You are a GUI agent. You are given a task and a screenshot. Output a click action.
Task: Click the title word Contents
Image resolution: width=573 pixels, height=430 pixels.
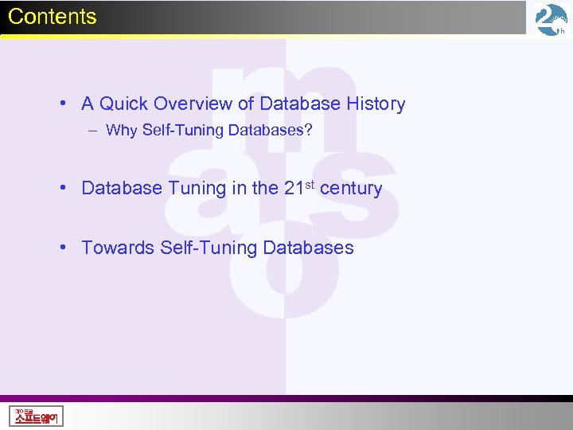click(x=53, y=17)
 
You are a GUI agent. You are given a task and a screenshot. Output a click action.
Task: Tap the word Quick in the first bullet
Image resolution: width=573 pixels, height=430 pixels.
click(x=124, y=104)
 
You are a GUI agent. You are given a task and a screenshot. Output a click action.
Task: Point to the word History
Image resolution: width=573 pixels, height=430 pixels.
click(x=376, y=104)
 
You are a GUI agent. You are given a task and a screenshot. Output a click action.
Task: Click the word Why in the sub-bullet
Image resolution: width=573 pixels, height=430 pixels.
click(x=121, y=131)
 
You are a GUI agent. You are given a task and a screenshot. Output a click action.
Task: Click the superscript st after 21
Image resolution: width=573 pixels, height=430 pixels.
click(x=309, y=185)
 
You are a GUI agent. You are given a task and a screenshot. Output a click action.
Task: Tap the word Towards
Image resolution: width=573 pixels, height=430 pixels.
click(x=118, y=248)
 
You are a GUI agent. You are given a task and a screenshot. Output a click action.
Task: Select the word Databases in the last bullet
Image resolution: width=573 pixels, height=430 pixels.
click(x=308, y=248)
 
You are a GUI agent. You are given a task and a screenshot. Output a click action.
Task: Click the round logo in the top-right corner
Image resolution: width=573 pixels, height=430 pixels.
click(x=552, y=20)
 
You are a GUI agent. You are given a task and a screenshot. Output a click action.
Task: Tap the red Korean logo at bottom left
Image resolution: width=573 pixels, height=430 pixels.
click(x=37, y=416)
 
